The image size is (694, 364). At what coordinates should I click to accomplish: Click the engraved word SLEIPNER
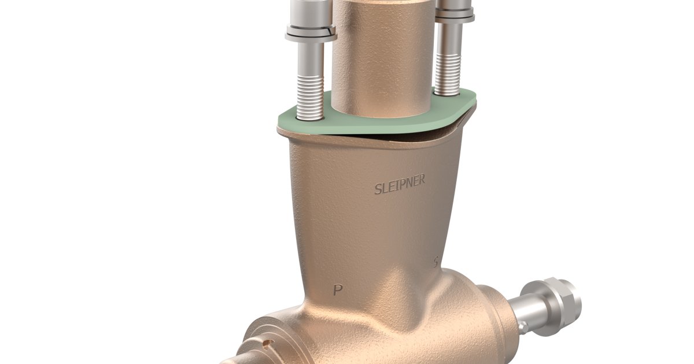coord(400,184)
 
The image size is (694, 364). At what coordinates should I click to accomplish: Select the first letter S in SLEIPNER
coord(378,189)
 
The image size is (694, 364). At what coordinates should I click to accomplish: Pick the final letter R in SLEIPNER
coord(422,180)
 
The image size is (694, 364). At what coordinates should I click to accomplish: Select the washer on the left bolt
coord(311,36)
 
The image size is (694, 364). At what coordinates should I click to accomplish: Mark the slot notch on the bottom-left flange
coord(267,345)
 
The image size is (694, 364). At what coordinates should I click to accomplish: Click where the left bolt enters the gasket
coord(311,117)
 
